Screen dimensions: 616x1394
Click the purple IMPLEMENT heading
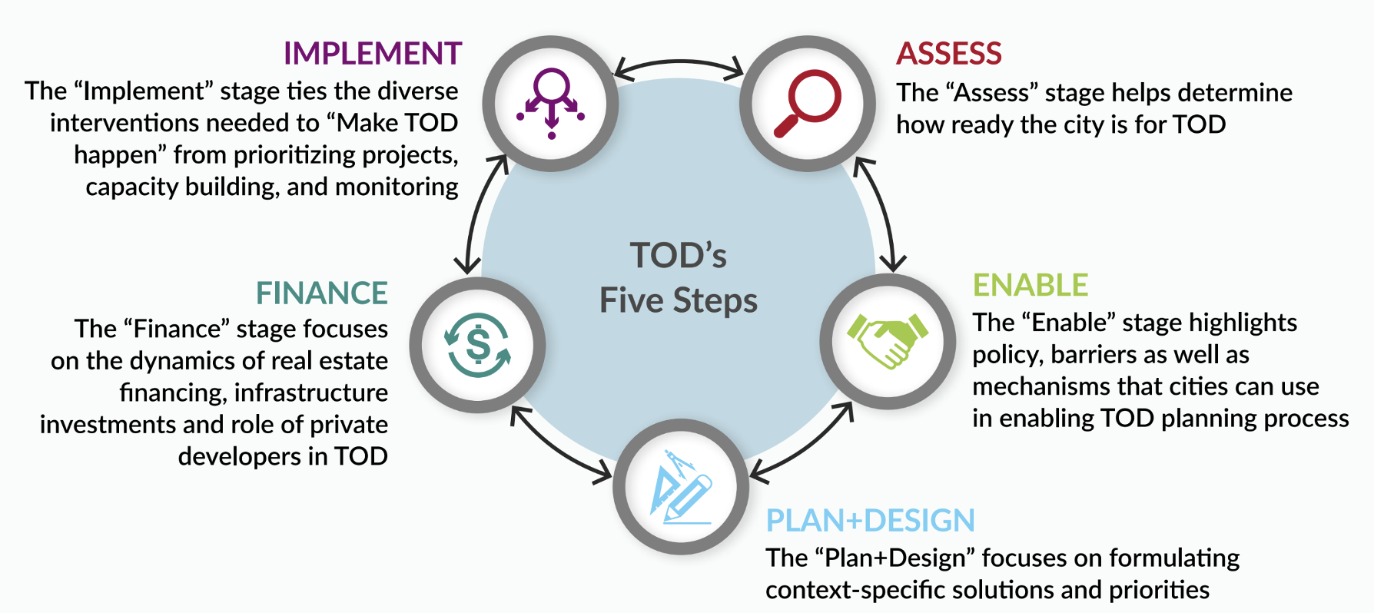click(x=373, y=54)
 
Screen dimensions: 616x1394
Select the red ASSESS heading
click(x=949, y=54)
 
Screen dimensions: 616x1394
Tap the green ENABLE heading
click(x=1031, y=286)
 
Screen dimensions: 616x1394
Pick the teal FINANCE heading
click(x=322, y=293)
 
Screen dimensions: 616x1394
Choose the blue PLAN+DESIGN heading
click(x=871, y=521)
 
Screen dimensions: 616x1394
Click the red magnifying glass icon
click(x=808, y=103)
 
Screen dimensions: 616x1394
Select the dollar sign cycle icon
click(x=478, y=345)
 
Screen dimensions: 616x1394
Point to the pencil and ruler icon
click(x=681, y=487)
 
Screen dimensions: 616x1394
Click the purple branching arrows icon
click(x=551, y=103)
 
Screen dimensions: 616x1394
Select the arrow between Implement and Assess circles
click(x=679, y=62)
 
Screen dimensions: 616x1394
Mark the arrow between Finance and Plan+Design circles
click(x=556, y=447)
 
